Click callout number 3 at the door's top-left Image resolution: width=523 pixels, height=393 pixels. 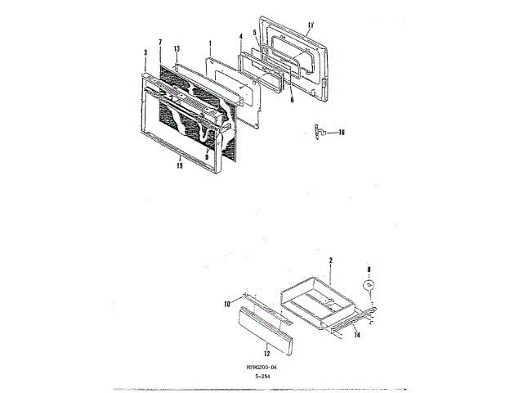point(145,52)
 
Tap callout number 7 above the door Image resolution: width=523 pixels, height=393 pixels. point(160,43)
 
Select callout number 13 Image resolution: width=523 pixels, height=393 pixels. point(177,49)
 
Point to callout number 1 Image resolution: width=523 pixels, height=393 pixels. point(210,43)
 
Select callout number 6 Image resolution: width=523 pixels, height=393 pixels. point(292,99)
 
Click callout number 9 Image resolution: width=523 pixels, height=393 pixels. point(208,153)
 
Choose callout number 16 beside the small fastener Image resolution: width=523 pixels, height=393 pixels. point(342,132)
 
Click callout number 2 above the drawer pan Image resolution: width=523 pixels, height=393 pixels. point(330,260)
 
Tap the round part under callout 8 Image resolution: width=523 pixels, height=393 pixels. point(369,284)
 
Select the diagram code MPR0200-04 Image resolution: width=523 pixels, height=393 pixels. point(261,368)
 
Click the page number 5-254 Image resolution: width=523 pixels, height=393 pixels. point(261,377)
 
